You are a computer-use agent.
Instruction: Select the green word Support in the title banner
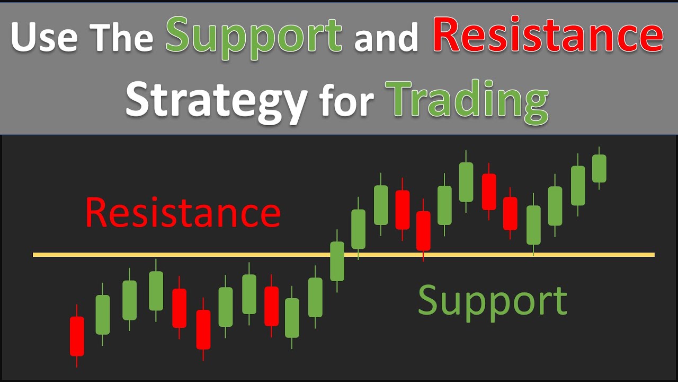(x=254, y=36)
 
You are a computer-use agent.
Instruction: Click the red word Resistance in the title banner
(x=548, y=36)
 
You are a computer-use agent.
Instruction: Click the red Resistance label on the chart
(x=183, y=212)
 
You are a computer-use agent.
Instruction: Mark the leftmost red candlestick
(x=77, y=336)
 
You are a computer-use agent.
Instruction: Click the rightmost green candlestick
(x=599, y=168)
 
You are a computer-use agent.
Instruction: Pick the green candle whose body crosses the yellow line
(x=337, y=261)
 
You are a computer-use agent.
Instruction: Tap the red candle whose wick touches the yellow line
(x=423, y=230)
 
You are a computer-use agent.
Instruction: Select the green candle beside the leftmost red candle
(x=103, y=315)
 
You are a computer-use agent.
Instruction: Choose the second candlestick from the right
(x=578, y=185)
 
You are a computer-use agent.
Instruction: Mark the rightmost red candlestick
(x=510, y=213)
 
